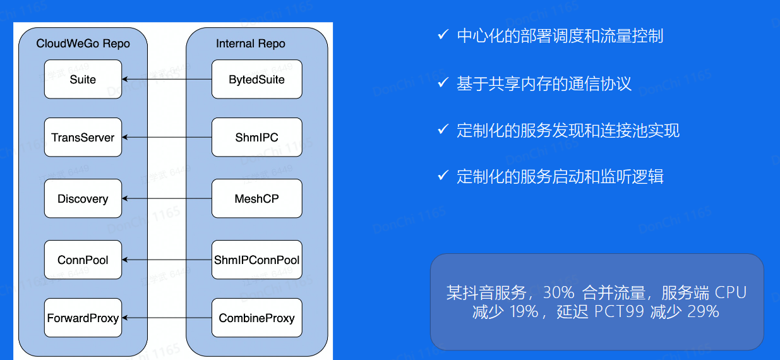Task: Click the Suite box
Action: coord(83,80)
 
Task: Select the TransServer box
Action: coord(83,137)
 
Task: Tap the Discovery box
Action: coord(83,199)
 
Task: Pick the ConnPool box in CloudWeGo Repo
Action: coord(83,260)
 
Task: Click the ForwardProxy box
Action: coord(83,318)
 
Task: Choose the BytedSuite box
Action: coord(256,80)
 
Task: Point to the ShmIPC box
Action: coord(256,137)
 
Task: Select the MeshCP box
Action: coord(256,199)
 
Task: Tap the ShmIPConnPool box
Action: coord(256,260)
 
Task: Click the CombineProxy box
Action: coord(256,318)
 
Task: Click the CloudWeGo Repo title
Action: coord(83,44)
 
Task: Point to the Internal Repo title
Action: coord(251,44)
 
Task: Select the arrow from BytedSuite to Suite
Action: coord(167,80)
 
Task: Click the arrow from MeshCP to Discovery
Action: coord(167,199)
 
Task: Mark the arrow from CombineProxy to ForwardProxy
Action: coord(167,318)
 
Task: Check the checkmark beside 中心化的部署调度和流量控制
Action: coord(443,35)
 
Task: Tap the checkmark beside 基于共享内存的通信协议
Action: coord(443,83)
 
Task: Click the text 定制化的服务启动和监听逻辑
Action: coord(560,176)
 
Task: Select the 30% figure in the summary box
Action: coord(558,293)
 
